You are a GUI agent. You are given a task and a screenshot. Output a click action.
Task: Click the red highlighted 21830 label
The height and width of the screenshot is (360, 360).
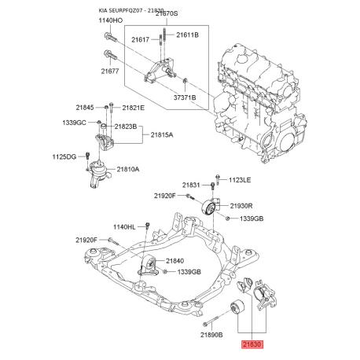coord(252,343)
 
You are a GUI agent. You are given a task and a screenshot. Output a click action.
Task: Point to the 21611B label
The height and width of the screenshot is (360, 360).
coord(187,36)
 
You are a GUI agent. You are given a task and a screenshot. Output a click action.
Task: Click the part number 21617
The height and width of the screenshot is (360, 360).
coord(141,39)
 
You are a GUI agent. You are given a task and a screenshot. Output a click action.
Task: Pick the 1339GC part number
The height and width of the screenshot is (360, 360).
coord(75,123)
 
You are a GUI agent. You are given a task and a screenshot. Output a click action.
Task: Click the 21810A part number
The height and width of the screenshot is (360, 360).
coord(128,169)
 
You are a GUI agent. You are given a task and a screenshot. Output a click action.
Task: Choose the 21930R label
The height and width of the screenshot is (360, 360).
coord(241,206)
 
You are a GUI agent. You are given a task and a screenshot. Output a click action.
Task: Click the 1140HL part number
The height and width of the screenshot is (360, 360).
coord(125,226)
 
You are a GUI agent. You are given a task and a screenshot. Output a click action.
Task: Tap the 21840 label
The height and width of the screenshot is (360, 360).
coord(174,261)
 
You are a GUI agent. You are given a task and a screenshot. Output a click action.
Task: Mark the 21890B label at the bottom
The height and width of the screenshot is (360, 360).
coord(213,335)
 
